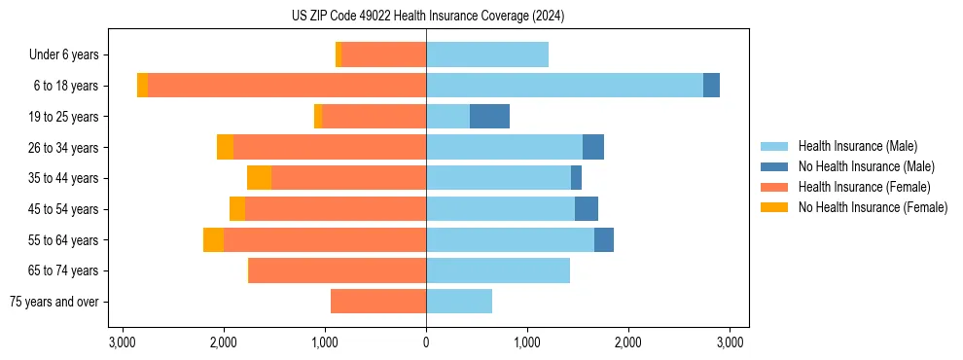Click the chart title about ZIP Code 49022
point(428,16)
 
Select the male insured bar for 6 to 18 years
point(564,86)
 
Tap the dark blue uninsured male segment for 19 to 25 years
point(489,117)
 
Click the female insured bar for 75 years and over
point(378,302)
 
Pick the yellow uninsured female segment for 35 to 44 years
point(259,178)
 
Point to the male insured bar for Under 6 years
point(487,54)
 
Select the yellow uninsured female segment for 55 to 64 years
point(213,240)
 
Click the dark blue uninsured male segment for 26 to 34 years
point(593,147)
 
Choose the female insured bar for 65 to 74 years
point(338,270)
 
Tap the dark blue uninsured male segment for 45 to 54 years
point(587,209)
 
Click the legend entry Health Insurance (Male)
point(857,146)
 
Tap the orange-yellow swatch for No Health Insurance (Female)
point(775,207)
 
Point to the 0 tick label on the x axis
point(426,342)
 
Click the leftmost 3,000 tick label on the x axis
point(123,342)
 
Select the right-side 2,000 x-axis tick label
point(628,342)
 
